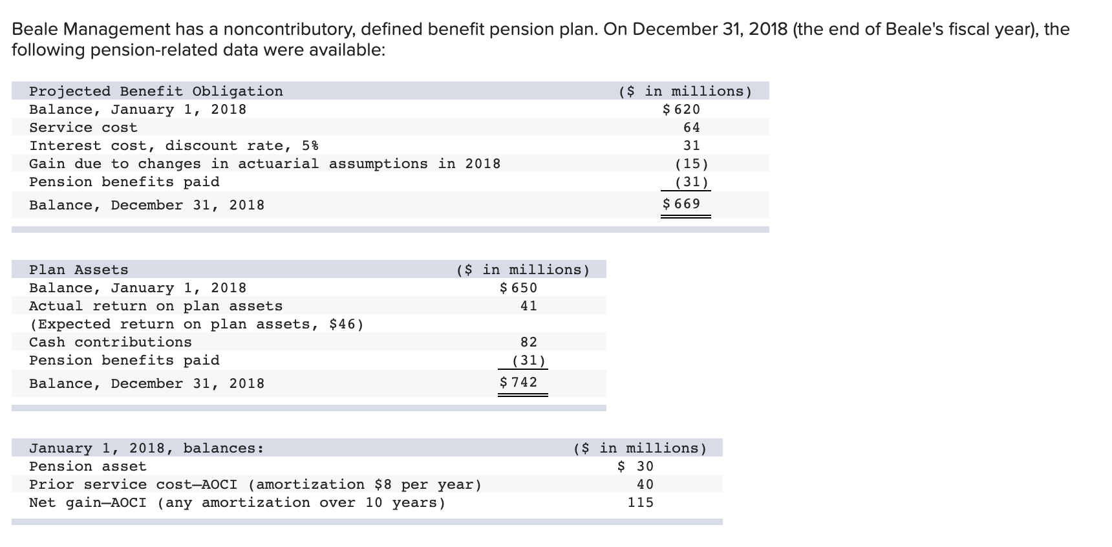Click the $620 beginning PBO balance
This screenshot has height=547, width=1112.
[682, 109]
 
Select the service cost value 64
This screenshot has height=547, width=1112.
[691, 127]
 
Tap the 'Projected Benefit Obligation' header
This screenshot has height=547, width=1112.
[156, 91]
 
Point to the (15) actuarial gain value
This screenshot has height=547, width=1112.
[691, 164]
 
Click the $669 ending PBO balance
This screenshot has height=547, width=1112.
[682, 204]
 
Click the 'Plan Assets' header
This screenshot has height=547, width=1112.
[78, 270]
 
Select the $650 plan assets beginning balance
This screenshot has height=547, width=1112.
[519, 288]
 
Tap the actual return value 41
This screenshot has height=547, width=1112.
[528, 306]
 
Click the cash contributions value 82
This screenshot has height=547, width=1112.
[528, 342]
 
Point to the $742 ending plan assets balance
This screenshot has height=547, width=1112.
[519, 382]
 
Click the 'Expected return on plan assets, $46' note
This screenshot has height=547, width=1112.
[197, 324]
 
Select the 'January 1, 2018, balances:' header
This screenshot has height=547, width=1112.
[146, 448]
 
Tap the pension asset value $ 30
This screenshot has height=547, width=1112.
[636, 466]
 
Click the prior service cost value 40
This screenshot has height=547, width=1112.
[645, 484]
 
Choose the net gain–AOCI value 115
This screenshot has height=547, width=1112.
[640, 502]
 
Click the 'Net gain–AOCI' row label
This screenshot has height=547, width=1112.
[87, 502]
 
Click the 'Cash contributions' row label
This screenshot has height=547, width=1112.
[110, 342]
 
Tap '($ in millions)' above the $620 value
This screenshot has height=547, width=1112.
[685, 91]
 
